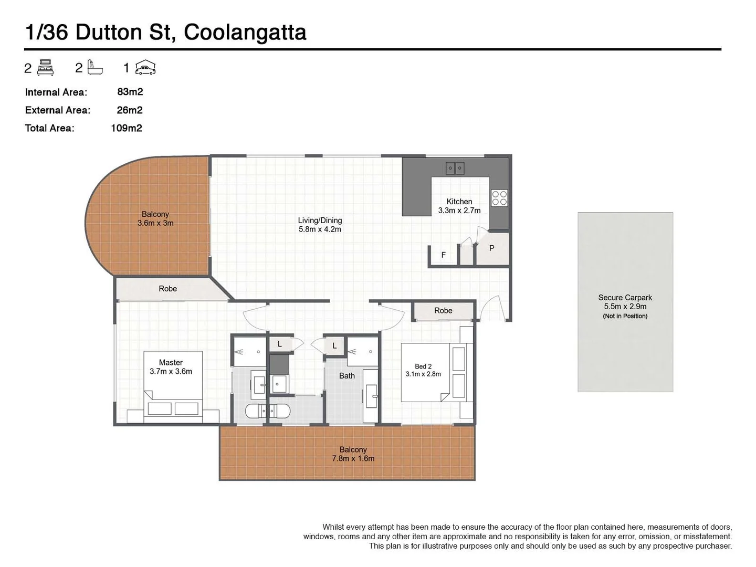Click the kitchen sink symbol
455,168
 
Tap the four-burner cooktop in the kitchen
499,198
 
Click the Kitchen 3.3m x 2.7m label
459,206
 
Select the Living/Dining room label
320,225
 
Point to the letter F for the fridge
444,255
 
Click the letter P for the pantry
491,248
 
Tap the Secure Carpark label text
625,298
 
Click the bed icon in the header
46,68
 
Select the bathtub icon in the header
95,68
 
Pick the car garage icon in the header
145,68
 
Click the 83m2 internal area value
130,92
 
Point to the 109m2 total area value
127,128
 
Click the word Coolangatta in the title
245,33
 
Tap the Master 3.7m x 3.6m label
171,367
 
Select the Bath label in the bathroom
347,376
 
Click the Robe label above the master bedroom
168,289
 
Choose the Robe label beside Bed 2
443,311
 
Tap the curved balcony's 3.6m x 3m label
155,223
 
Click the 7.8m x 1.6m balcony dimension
353,458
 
